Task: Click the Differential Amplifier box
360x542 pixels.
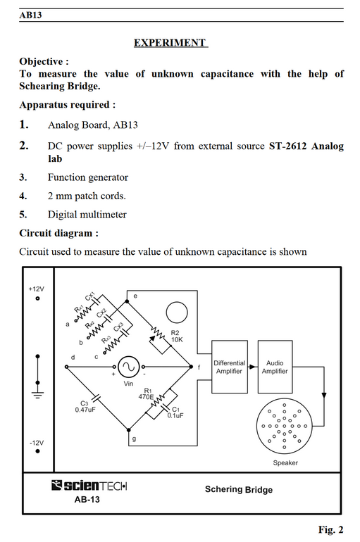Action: pyautogui.click(x=229, y=367)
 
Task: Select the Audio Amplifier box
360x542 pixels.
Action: pyautogui.click(x=275, y=367)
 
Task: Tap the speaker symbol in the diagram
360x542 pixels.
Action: pyautogui.click(x=284, y=426)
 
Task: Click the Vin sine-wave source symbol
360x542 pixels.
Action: pyautogui.click(x=129, y=367)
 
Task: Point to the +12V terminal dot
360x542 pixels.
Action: pyautogui.click(x=38, y=298)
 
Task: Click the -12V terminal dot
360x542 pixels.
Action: pyautogui.click(x=38, y=451)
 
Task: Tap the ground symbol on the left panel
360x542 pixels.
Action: pyautogui.click(x=38, y=395)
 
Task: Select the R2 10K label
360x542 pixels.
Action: pyautogui.click(x=177, y=336)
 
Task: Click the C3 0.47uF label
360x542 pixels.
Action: pyautogui.click(x=85, y=407)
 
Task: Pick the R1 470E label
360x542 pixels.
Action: pyautogui.click(x=147, y=393)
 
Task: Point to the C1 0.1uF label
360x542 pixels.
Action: pyautogui.click(x=175, y=412)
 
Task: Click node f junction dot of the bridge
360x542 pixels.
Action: pyautogui.click(x=191, y=367)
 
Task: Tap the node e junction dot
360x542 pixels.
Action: pyautogui.click(x=127, y=301)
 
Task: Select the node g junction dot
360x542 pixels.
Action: pyautogui.click(x=129, y=430)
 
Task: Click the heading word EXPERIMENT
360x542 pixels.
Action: pyautogui.click(x=170, y=43)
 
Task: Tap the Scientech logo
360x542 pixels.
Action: pyautogui.click(x=89, y=486)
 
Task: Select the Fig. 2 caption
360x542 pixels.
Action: pyautogui.click(x=331, y=529)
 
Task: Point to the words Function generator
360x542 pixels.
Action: pyautogui.click(x=88, y=177)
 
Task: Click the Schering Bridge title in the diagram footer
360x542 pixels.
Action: pyautogui.click(x=239, y=489)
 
